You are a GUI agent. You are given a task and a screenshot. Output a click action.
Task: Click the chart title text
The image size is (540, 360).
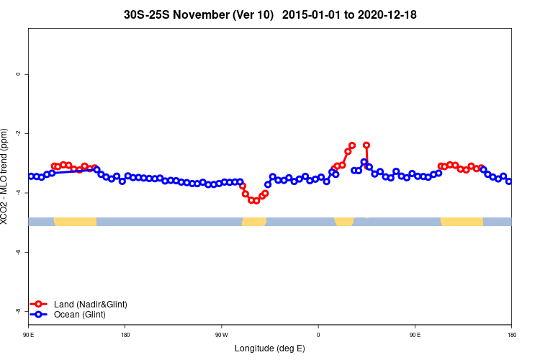(x=270, y=14)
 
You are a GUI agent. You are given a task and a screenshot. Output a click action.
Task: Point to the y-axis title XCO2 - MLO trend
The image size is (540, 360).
(x=6, y=176)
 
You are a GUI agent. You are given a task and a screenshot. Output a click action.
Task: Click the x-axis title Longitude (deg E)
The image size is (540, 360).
(x=270, y=348)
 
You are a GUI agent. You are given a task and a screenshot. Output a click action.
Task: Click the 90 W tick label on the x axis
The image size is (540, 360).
(x=221, y=335)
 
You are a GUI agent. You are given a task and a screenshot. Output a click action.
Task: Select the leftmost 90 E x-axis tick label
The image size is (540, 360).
(x=28, y=335)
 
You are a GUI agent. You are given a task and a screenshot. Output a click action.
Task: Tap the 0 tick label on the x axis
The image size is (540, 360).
(x=318, y=335)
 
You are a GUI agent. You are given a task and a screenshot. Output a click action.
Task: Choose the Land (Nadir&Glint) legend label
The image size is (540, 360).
(x=90, y=305)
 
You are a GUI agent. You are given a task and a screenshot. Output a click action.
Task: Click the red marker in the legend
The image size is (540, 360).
(x=40, y=305)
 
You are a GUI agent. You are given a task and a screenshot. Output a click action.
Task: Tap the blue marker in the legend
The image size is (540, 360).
(x=40, y=315)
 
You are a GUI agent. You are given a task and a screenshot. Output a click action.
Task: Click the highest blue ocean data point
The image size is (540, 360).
(x=364, y=162)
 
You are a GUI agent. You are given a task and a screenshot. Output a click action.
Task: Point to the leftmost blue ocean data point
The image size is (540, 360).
(x=30, y=176)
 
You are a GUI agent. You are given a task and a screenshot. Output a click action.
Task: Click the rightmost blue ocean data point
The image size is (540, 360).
(x=509, y=181)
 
